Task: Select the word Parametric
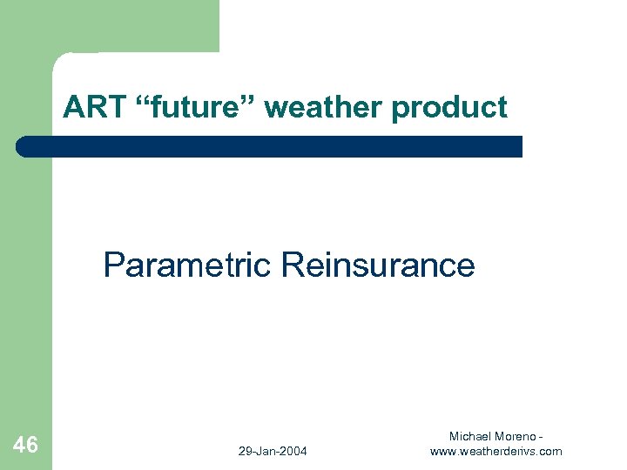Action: (188, 265)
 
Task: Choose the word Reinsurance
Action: (378, 265)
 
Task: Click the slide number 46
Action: (26, 446)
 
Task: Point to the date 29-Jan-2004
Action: (272, 451)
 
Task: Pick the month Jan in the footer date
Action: (266, 451)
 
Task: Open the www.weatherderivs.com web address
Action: (496, 451)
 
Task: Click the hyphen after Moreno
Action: (542, 436)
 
